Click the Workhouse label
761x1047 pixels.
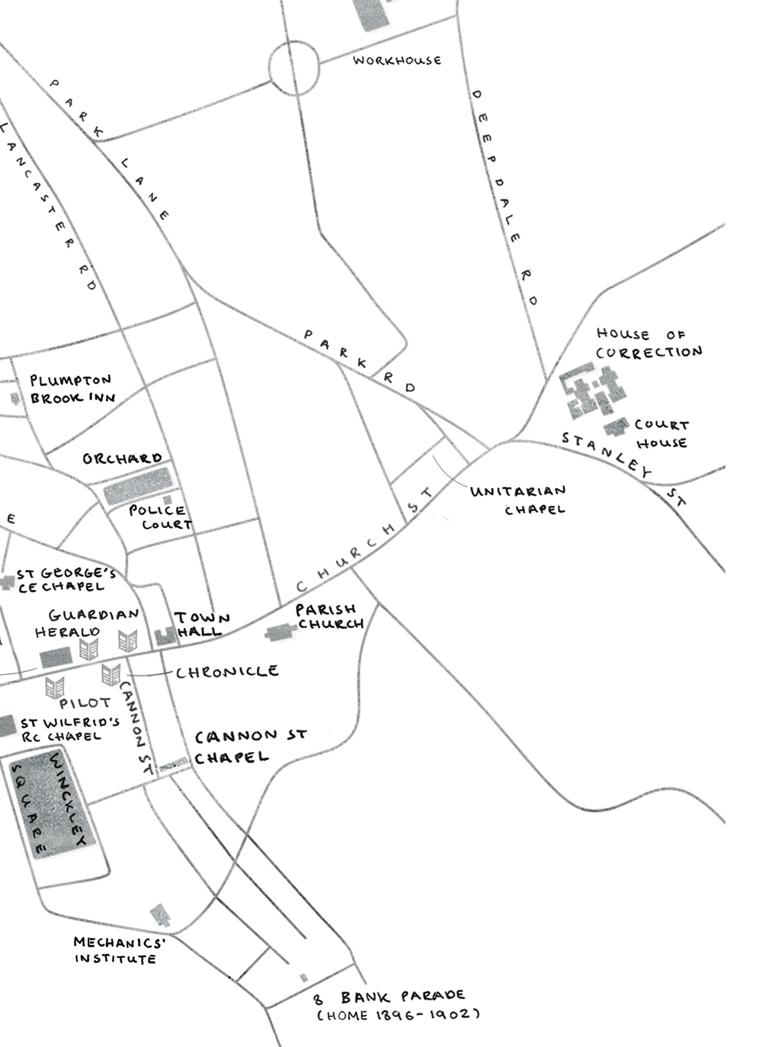click(397, 60)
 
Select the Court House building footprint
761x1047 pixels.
click(616, 427)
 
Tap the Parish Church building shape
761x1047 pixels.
click(280, 633)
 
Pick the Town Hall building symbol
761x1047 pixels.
click(166, 636)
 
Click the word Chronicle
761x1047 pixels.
click(227, 672)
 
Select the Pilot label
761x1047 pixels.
click(85, 703)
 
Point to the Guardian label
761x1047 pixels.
click(94, 614)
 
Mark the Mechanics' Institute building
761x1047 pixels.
click(160, 915)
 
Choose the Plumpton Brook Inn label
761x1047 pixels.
click(72, 389)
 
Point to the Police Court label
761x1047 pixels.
click(160, 517)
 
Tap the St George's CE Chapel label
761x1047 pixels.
click(65, 580)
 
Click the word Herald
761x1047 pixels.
click(67, 631)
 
